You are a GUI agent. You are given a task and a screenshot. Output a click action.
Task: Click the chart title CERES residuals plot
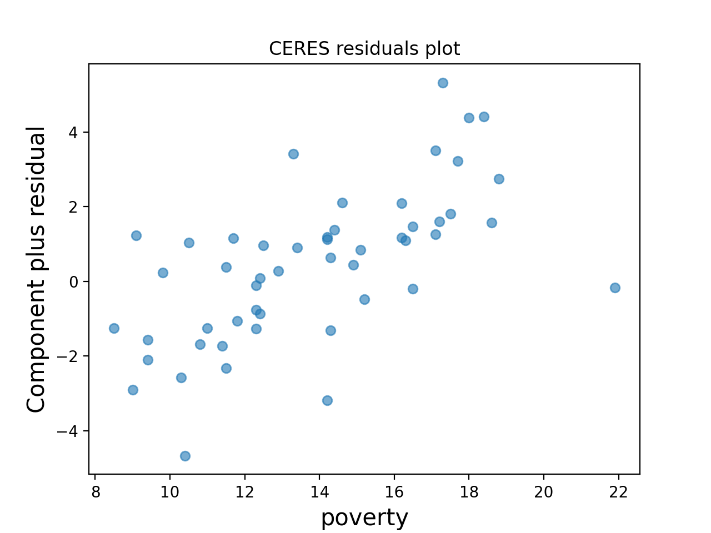(x=364, y=49)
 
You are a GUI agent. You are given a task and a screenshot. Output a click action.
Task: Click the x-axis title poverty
(x=364, y=517)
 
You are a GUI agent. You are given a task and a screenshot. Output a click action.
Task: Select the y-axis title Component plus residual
(x=37, y=269)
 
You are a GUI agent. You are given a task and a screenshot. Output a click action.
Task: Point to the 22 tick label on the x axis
(x=618, y=491)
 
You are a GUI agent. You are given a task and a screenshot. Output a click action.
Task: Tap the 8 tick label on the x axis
(x=95, y=491)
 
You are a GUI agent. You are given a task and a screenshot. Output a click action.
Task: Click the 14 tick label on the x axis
(x=319, y=491)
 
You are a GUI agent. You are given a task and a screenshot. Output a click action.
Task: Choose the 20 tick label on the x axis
(x=544, y=491)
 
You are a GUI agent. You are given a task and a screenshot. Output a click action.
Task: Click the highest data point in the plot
(x=443, y=83)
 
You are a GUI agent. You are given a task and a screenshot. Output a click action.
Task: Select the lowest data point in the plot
(x=185, y=456)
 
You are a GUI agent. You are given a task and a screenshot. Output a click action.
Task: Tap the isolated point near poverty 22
(x=615, y=288)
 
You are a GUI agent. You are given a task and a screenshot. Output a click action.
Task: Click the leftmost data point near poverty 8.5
(x=114, y=328)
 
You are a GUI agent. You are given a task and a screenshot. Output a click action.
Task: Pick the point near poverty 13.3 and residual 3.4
(x=293, y=154)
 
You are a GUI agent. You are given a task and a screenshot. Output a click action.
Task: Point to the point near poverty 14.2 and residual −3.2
(x=327, y=400)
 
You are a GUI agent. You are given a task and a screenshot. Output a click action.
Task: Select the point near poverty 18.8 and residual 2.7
(x=499, y=179)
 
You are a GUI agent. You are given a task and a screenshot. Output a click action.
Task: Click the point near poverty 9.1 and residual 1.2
(x=136, y=235)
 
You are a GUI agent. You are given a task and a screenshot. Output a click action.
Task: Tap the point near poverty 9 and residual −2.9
(x=133, y=390)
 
